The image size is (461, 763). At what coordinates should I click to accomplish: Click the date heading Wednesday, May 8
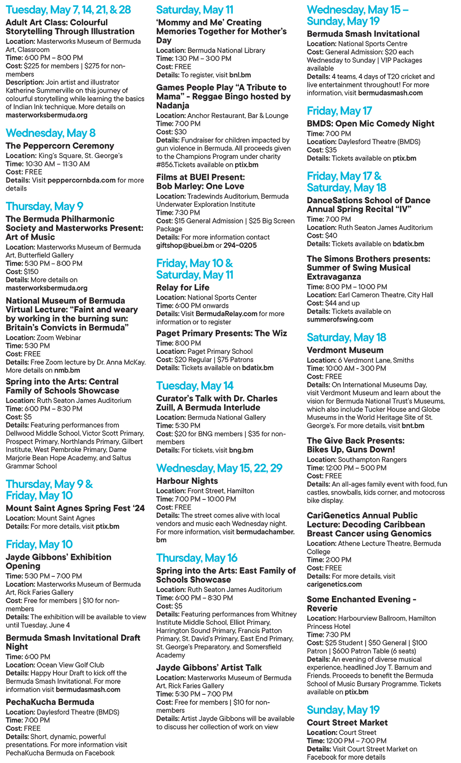pos(51,133)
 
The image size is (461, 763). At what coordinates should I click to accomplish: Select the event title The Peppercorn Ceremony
pos(60,146)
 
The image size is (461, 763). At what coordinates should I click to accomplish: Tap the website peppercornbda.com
pos(82,180)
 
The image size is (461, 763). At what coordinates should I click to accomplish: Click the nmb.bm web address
pos(67,370)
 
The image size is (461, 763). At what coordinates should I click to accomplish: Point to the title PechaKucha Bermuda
pos(50,702)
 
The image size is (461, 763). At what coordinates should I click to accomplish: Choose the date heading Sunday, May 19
pos(343,710)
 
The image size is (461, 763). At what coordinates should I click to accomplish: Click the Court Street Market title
pos(347,722)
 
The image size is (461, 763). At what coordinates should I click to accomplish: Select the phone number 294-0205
pos(240,245)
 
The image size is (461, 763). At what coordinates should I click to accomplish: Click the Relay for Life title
pos(183,288)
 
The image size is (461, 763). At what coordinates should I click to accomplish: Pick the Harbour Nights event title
pos(187,481)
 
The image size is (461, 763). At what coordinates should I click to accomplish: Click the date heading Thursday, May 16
pos(197,558)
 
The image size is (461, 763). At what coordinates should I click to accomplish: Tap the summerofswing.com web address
pos(340,319)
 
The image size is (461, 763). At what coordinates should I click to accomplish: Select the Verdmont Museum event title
pos(345,350)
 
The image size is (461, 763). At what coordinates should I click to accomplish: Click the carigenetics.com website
pos(334,584)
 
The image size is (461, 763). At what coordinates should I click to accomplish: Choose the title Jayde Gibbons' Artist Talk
pos(209,668)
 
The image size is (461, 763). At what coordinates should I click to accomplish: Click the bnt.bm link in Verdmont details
pos(413,426)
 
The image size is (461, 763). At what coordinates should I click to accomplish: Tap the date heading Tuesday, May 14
pos(195,386)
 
